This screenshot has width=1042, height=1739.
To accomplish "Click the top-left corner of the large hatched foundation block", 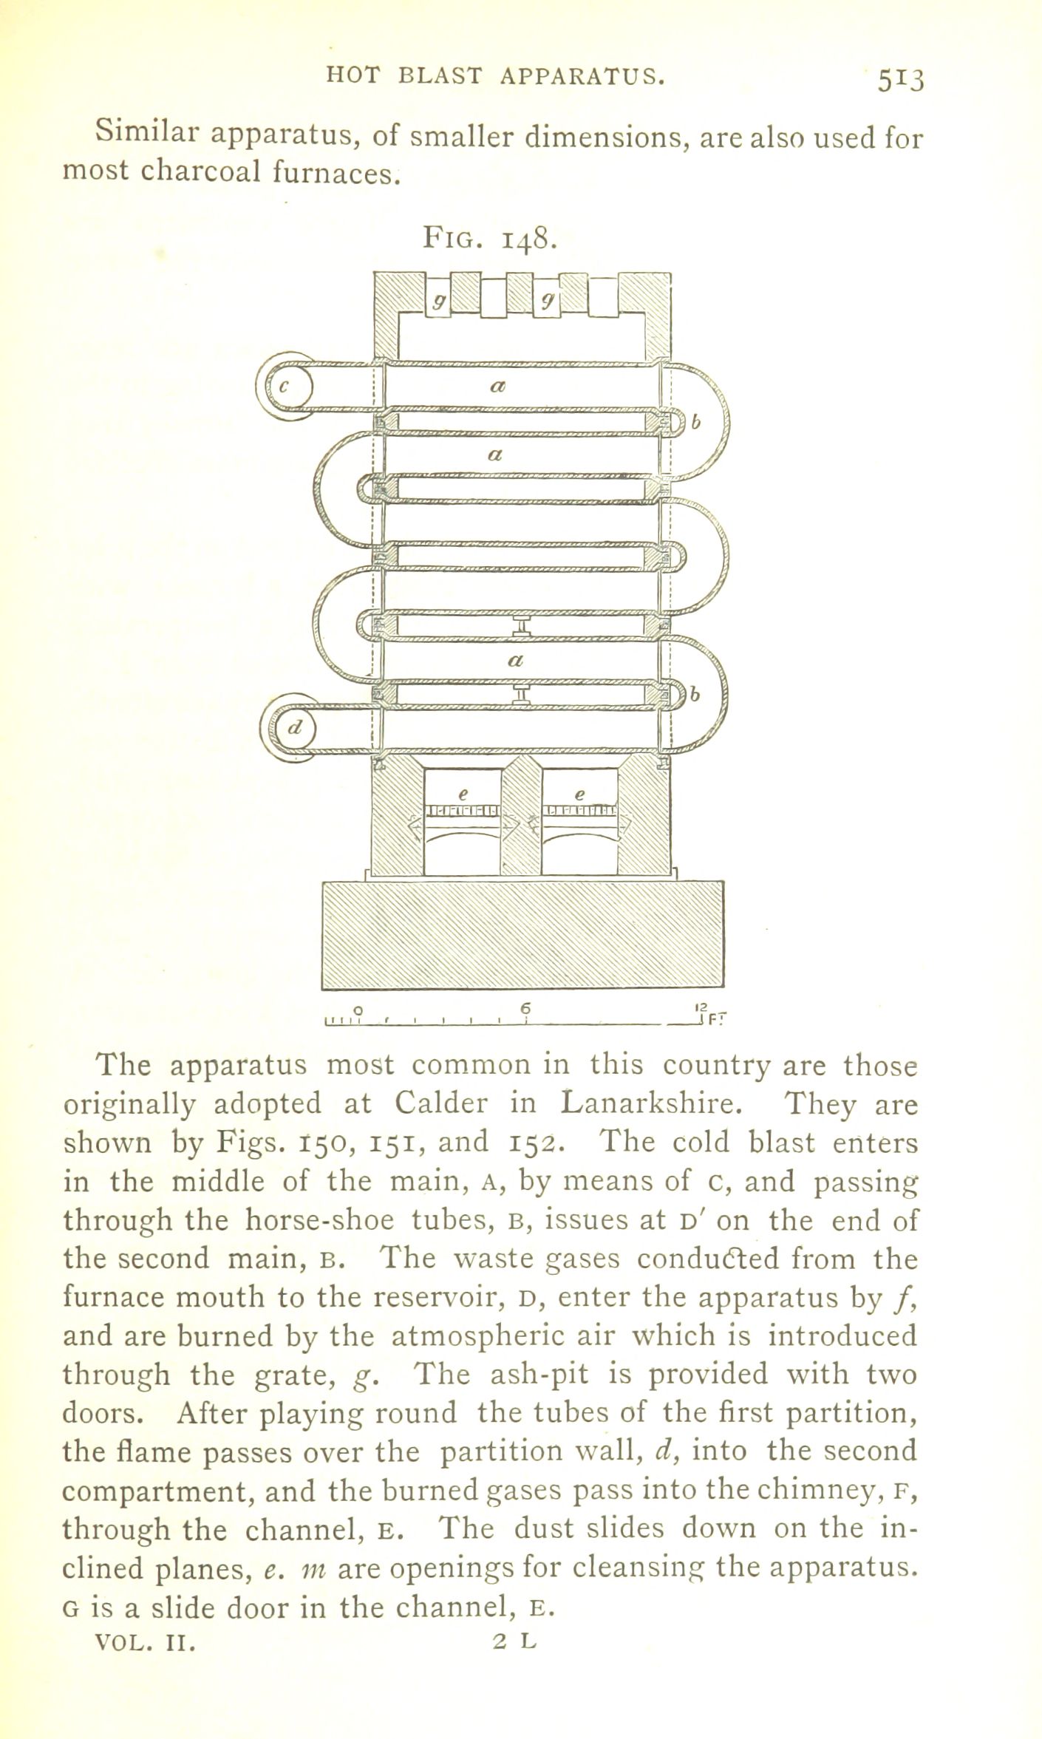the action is coord(322,882).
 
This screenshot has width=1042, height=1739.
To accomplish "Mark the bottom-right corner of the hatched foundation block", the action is coord(724,988).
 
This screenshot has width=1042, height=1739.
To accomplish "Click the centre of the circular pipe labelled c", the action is coord(290,386).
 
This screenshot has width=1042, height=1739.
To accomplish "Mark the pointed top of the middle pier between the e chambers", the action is coord(522,755).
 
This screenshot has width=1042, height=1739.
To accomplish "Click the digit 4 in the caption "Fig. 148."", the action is coord(522,240).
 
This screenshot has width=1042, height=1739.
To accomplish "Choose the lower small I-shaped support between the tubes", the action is coord(521,694).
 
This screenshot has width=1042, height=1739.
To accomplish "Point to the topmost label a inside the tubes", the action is coord(497,385).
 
